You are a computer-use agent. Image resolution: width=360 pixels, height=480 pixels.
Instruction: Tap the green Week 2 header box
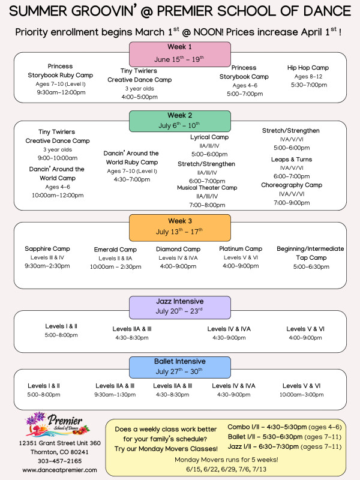tap(180, 120)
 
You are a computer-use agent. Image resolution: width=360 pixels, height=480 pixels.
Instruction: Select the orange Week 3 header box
tap(180, 226)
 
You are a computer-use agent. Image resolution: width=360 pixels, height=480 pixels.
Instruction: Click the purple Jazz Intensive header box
tap(180, 307)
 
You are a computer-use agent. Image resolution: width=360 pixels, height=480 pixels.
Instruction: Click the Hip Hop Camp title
tap(308, 68)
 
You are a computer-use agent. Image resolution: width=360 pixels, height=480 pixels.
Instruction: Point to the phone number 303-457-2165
tap(59, 461)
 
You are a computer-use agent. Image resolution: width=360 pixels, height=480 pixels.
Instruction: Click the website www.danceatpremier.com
tap(59, 470)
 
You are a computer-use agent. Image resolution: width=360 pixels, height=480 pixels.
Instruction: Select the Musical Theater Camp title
tap(207, 188)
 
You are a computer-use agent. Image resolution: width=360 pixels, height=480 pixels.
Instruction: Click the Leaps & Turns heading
tap(291, 160)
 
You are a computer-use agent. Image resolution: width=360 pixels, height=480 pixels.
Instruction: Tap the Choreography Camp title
tap(292, 185)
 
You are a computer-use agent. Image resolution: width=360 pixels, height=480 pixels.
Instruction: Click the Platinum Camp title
tap(241, 248)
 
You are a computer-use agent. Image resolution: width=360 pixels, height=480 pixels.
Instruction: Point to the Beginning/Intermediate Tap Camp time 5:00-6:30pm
tap(310, 266)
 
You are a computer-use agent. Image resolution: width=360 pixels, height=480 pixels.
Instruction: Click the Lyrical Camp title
tap(208, 137)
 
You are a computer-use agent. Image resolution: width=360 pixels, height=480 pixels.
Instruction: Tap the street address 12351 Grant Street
tap(59, 443)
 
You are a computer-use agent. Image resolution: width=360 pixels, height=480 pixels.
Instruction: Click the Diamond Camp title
tap(178, 249)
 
